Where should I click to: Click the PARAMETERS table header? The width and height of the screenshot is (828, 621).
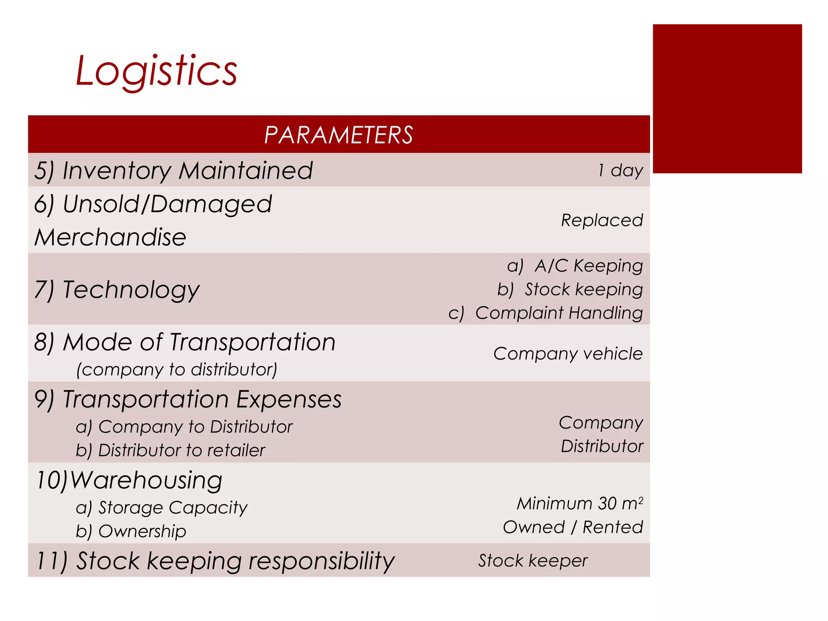point(338,135)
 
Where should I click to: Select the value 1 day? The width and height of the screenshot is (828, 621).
point(620,170)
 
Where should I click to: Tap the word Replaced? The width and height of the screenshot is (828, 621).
point(602,220)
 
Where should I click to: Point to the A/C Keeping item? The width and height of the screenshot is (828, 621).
point(588,266)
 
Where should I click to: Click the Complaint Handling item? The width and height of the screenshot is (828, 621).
point(559,313)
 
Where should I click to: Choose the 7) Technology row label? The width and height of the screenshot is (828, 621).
point(117,290)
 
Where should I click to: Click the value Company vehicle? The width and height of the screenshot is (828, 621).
point(568,354)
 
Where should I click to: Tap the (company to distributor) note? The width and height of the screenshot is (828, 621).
point(177,370)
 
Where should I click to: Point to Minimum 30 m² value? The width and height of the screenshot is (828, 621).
point(580,504)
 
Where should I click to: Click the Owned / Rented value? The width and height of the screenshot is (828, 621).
point(572,527)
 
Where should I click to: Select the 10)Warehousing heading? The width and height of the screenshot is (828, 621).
point(129,480)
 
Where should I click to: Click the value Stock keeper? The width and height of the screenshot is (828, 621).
point(532,561)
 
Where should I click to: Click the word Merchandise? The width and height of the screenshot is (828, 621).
point(110,237)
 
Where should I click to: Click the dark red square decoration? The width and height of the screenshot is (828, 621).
point(727,99)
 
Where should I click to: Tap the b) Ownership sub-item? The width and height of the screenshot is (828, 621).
point(131,531)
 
